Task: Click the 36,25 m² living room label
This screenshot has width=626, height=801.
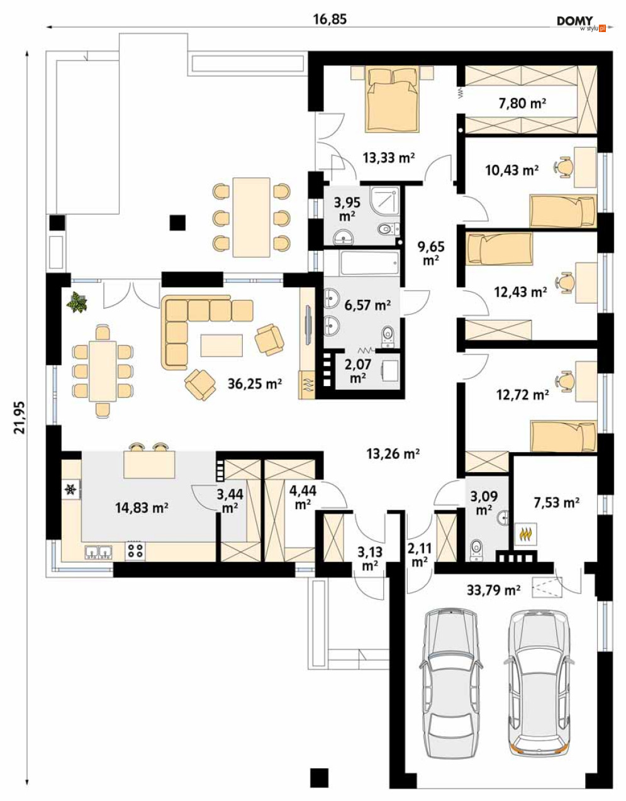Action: click(255, 384)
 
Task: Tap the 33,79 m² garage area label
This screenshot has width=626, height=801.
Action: click(494, 590)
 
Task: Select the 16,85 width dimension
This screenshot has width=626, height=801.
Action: click(330, 19)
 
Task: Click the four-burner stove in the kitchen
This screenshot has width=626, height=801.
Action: click(135, 551)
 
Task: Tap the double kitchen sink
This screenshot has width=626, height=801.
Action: click(99, 552)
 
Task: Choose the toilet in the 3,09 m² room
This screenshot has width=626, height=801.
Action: click(476, 550)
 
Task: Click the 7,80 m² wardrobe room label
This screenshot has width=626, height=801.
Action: click(522, 104)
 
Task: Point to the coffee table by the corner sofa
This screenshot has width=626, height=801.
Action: click(221, 345)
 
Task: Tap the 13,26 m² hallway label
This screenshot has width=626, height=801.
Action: click(393, 453)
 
